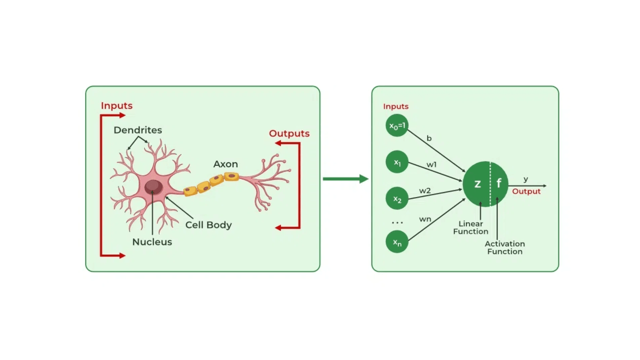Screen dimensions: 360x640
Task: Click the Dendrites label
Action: pyautogui.click(x=138, y=130)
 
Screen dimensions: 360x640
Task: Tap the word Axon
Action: pyautogui.click(x=226, y=164)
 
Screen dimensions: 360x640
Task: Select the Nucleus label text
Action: pyautogui.click(x=152, y=242)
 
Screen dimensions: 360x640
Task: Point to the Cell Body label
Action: pyautogui.click(x=208, y=225)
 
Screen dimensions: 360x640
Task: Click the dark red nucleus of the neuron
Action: pyautogui.click(x=153, y=187)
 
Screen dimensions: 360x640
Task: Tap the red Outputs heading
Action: pyautogui.click(x=289, y=133)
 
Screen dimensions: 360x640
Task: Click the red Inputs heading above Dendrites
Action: pyautogui.click(x=117, y=106)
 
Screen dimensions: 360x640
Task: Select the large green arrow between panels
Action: pyautogui.click(x=345, y=179)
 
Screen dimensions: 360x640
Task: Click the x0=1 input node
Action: pyautogui.click(x=397, y=126)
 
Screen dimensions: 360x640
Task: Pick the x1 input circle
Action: pyautogui.click(x=397, y=162)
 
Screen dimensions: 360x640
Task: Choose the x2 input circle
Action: pyautogui.click(x=397, y=199)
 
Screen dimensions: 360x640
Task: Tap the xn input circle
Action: pyautogui.click(x=397, y=242)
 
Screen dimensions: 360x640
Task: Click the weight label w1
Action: pyautogui.click(x=431, y=165)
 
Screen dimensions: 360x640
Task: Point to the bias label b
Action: pyautogui.click(x=429, y=138)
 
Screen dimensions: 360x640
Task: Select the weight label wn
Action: pyautogui.click(x=425, y=219)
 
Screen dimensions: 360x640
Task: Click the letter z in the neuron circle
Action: pyautogui.click(x=478, y=184)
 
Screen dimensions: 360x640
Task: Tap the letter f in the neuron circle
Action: pyautogui.click(x=499, y=183)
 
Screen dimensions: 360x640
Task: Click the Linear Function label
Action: pyautogui.click(x=471, y=227)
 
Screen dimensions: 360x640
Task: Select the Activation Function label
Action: pyautogui.click(x=505, y=248)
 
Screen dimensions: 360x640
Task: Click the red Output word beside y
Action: pyautogui.click(x=526, y=191)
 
